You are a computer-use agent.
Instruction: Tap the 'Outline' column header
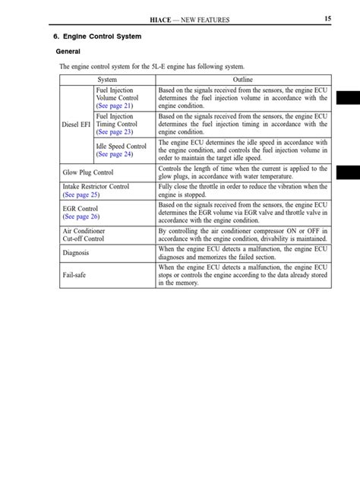click(243, 80)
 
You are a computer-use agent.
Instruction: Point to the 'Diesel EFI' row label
click(77, 125)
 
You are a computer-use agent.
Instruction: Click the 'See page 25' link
click(81, 194)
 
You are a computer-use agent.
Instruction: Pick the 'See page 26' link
click(81, 216)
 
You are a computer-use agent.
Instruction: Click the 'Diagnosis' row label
click(76, 253)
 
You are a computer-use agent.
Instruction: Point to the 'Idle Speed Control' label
click(122, 146)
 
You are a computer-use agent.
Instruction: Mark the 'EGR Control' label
click(81, 208)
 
